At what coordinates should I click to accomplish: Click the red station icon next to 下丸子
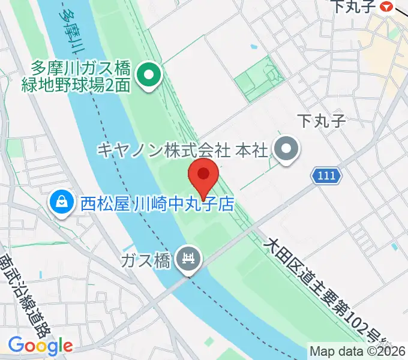tap(387, 7)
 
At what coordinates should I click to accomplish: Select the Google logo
tap(40, 346)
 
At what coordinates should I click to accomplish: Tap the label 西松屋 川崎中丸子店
tap(157, 205)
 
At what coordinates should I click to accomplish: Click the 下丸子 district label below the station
tap(322, 122)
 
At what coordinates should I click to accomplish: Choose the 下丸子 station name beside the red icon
tap(353, 7)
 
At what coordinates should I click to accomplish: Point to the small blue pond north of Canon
tap(254, 47)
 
